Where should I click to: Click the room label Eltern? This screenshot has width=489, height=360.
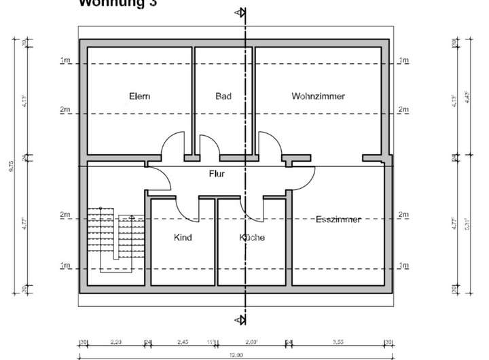139,96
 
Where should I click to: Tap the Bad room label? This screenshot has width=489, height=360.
223,96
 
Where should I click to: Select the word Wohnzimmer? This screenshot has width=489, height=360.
318,96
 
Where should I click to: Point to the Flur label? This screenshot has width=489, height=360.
217,174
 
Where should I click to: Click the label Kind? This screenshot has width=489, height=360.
183,238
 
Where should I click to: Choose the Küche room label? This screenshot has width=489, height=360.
251,238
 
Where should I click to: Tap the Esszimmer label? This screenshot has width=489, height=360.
338,219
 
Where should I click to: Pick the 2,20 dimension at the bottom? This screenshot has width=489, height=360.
116,342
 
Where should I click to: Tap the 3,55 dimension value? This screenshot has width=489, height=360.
338,342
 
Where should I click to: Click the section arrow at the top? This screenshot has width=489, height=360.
240,13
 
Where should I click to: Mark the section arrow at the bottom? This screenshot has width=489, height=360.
240,319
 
